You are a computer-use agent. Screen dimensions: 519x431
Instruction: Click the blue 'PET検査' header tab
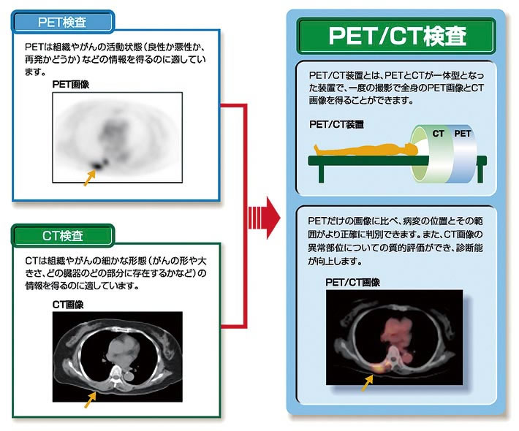[63, 22]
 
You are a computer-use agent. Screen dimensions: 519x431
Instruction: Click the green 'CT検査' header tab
[63, 235]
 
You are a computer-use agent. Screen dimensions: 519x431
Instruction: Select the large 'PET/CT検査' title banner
[396, 36]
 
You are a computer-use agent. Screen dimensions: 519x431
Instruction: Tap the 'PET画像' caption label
[70, 85]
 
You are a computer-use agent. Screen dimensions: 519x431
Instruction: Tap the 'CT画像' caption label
[68, 305]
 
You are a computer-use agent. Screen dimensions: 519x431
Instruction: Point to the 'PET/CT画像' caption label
[352, 283]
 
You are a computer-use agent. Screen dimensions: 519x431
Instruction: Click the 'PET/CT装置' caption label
[337, 124]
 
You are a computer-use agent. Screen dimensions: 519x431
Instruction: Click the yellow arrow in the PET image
[89, 178]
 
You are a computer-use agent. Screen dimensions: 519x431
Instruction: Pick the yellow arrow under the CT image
[91, 400]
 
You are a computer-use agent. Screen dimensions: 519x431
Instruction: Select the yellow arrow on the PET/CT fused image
[368, 383]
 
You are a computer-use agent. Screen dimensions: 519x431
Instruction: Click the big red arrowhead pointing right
[273, 218]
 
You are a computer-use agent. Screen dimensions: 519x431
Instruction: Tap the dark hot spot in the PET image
[99, 164]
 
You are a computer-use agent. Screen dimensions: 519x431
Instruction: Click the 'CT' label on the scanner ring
[439, 134]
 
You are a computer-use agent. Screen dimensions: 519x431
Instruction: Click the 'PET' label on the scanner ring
[463, 134]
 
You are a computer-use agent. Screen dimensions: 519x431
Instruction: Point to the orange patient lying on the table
[364, 150]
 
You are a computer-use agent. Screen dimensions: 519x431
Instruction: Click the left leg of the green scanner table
[321, 173]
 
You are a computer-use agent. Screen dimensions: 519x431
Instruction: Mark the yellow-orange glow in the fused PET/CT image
[380, 367]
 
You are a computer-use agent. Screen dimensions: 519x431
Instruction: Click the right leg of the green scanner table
[481, 173]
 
